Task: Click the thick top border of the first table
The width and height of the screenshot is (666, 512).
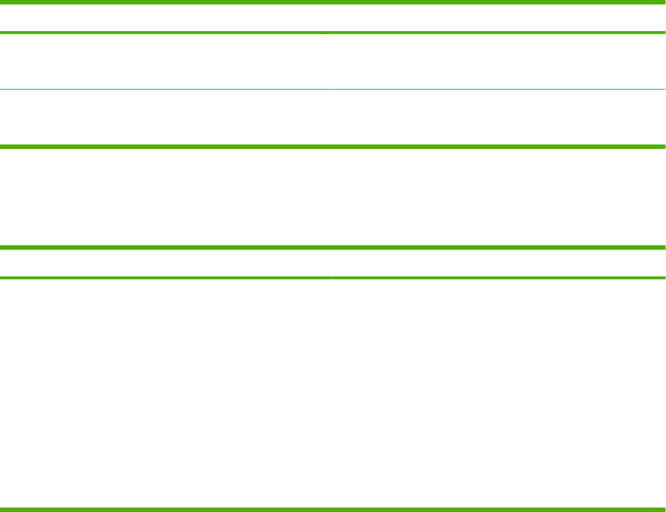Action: click(333, 3)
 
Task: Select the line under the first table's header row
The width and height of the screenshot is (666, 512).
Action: click(333, 33)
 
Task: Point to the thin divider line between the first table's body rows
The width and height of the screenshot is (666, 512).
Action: click(333, 90)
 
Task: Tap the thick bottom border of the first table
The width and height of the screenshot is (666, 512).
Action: click(333, 147)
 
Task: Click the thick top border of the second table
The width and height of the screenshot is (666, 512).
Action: click(333, 247)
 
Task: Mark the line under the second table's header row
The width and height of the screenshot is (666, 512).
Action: click(333, 278)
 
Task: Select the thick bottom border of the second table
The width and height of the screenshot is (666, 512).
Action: click(333, 508)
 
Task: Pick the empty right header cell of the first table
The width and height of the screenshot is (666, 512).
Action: click(499, 18)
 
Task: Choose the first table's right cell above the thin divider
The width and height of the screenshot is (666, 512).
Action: click(499, 61)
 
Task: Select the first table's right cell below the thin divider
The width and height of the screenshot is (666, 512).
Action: click(499, 118)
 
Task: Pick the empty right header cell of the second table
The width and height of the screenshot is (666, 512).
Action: click(499, 263)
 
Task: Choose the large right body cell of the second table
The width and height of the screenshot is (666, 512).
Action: click(499, 393)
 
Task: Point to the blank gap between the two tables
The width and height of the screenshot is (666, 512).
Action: click(333, 197)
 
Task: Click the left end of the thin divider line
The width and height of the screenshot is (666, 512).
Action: click(3, 90)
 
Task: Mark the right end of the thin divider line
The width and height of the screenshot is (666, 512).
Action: click(662, 90)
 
